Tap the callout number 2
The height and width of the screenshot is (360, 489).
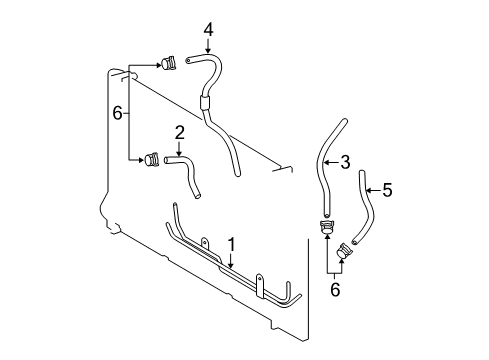click(x=179, y=131)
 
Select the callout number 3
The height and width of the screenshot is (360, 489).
click(x=344, y=162)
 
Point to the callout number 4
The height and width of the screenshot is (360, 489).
click(x=208, y=30)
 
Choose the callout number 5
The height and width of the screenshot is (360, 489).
click(x=387, y=187)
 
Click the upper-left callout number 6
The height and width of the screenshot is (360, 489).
click(x=116, y=114)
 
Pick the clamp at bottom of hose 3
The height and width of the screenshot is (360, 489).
click(x=326, y=228)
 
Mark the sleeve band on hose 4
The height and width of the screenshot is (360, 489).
click(x=206, y=101)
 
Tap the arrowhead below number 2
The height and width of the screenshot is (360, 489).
click(x=179, y=152)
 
